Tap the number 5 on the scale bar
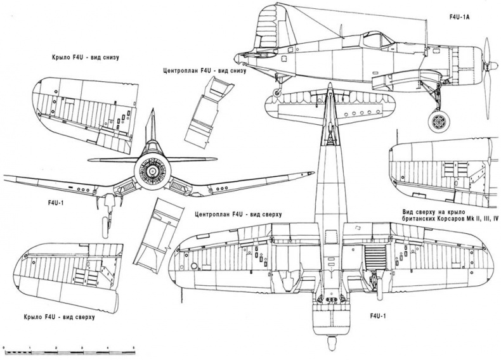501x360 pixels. pos(133,349)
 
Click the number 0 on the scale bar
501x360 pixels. pos(4,349)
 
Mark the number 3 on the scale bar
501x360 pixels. pos(82,349)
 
